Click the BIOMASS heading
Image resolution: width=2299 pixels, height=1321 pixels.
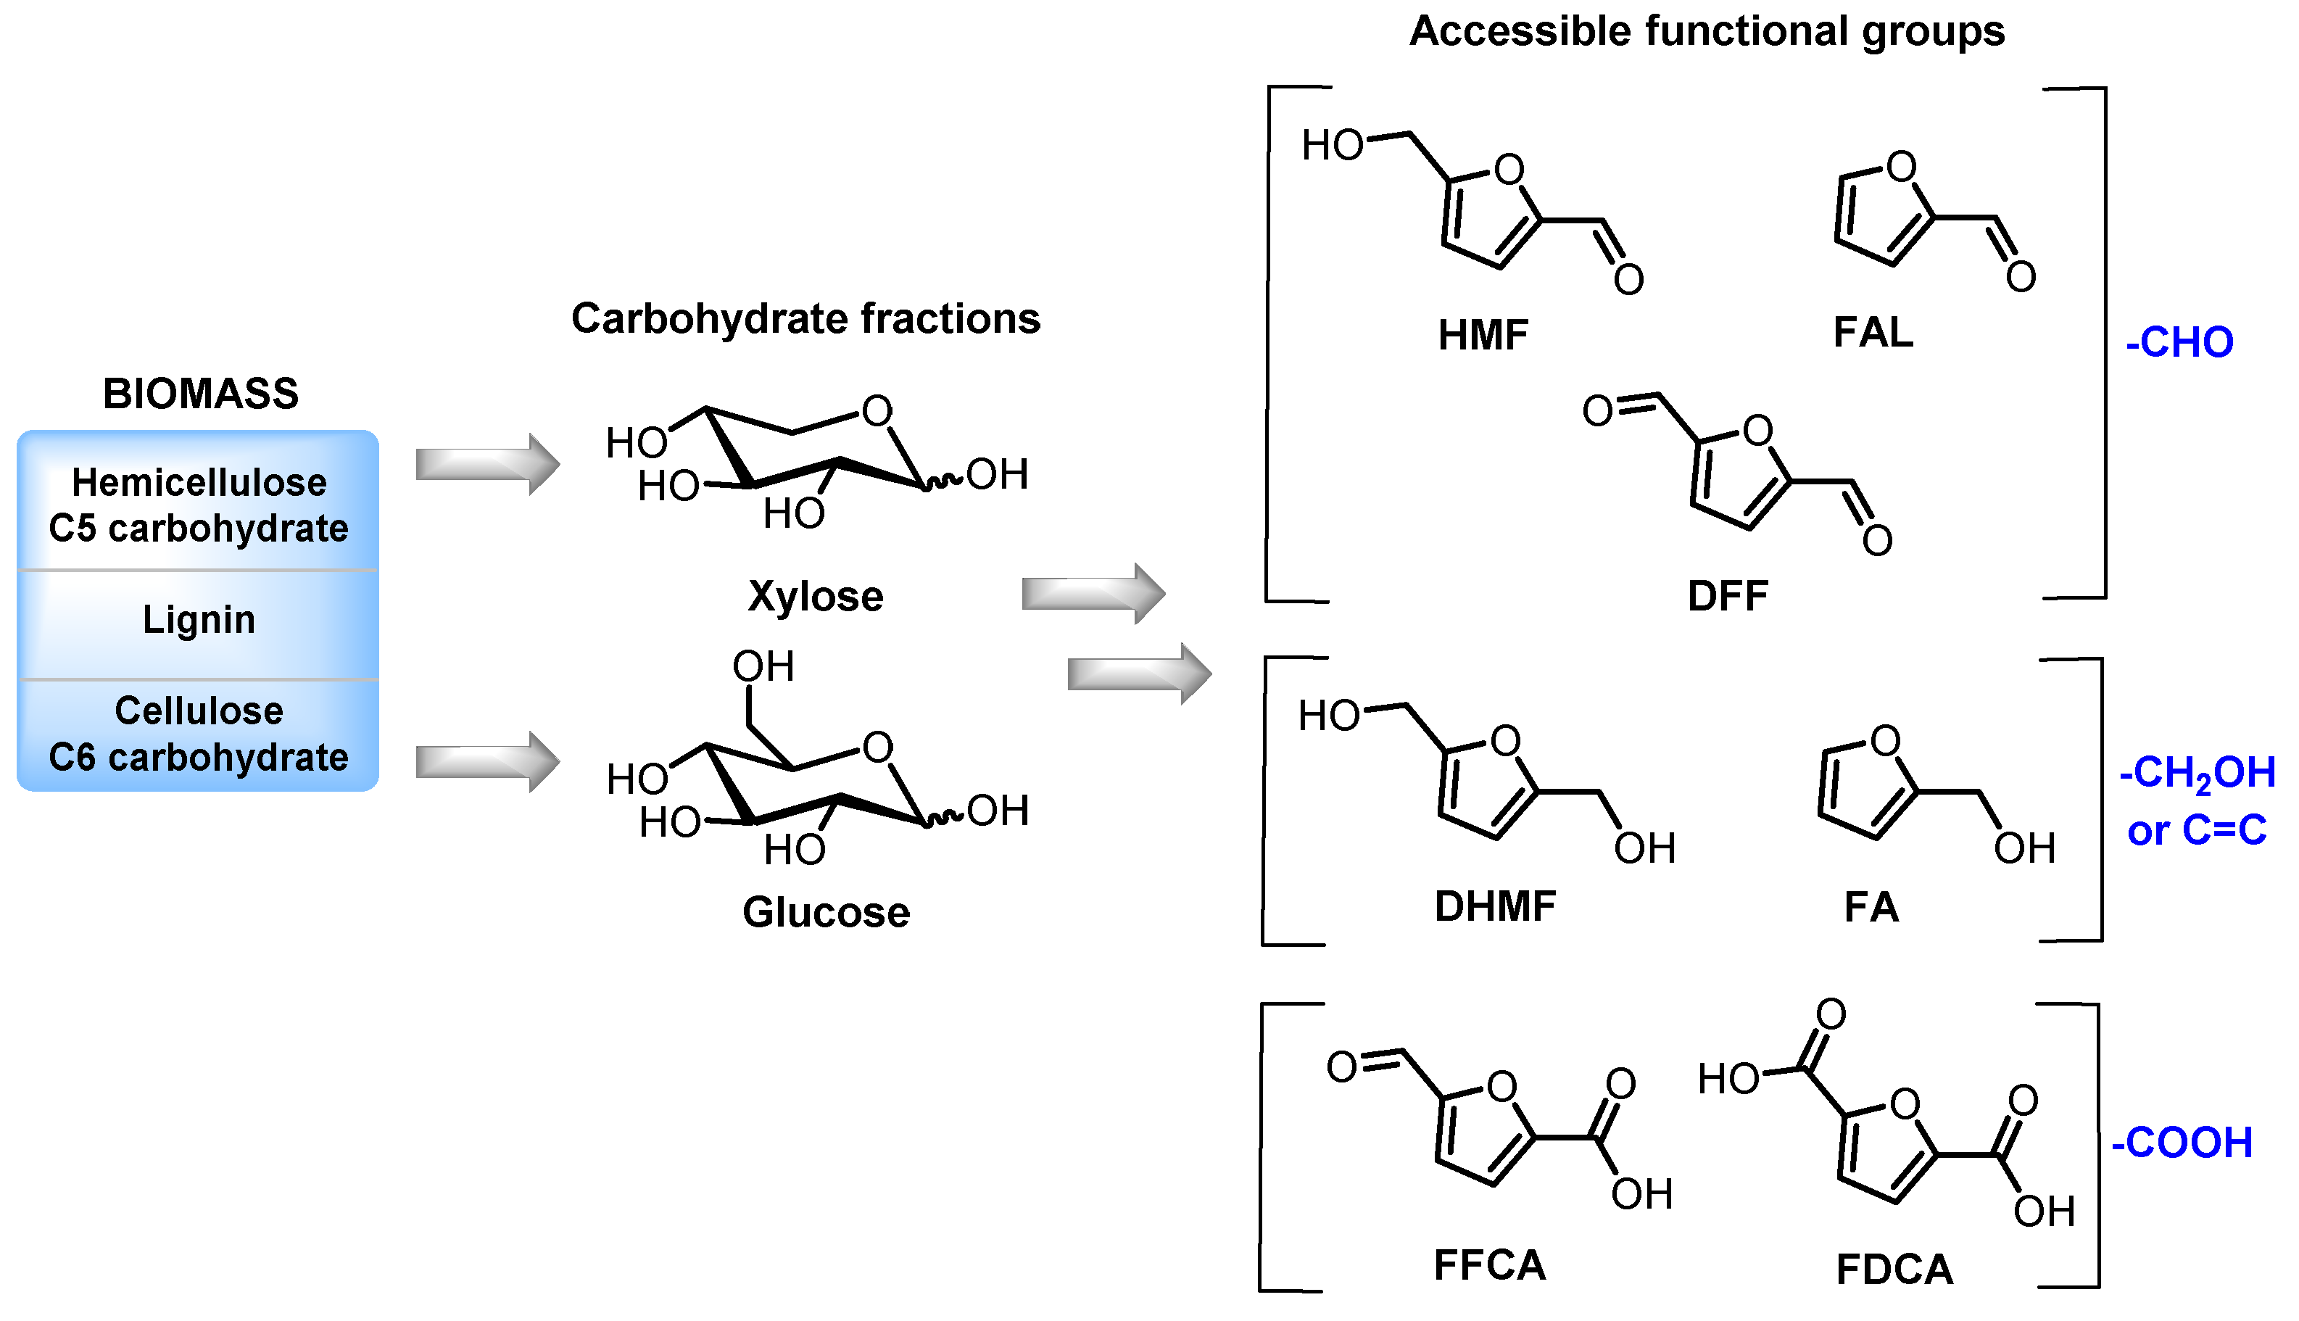tap(201, 394)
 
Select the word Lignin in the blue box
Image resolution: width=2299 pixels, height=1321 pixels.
tap(199, 620)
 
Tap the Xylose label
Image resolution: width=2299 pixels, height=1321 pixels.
tap(815, 597)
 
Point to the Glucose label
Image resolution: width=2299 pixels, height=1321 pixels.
tap(826, 912)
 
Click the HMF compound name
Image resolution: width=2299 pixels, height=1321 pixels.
tap(1483, 335)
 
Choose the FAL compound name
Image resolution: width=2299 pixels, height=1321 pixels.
tap(1873, 332)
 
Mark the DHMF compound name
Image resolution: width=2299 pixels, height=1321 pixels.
tap(1495, 906)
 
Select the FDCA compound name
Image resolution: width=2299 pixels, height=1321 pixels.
tap(1894, 1270)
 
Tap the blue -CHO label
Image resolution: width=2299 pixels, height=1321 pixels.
tap(2179, 343)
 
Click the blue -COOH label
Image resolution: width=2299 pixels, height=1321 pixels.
tap(2182, 1142)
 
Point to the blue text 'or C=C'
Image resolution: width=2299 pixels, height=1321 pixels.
tap(2197, 830)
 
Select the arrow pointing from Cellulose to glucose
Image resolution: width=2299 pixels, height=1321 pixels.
tap(487, 761)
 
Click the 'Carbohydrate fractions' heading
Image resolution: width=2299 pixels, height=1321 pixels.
tap(805, 318)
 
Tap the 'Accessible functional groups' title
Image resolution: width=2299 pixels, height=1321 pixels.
tap(1707, 32)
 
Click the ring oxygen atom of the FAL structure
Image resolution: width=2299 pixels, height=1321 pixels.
tap(1901, 167)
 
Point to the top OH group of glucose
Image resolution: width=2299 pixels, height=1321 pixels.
tap(763, 667)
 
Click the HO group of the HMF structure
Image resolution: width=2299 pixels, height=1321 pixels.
tap(1332, 145)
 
